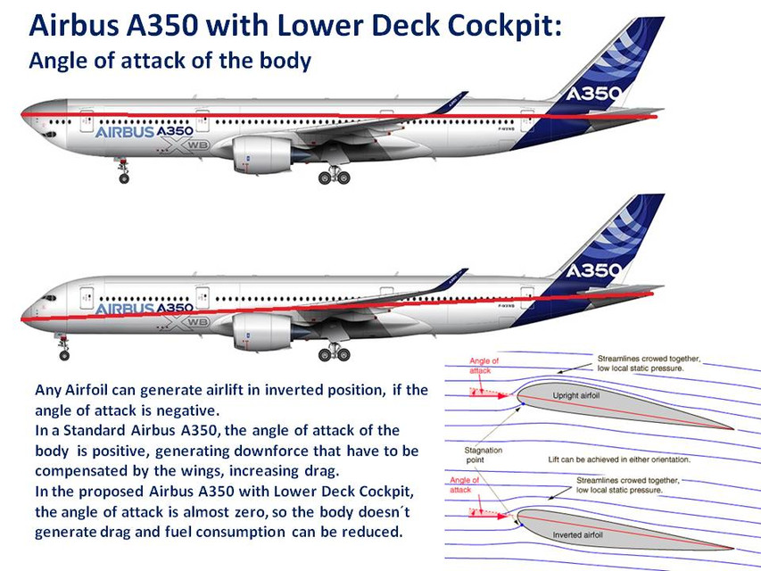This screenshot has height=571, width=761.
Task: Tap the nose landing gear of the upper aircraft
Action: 123,171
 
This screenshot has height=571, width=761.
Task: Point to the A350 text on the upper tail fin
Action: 594,93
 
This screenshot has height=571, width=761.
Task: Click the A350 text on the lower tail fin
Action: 594,269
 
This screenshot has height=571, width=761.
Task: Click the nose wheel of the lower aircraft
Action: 64,355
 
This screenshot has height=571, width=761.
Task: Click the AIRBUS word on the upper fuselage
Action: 124,131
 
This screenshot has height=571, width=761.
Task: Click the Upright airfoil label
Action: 577,395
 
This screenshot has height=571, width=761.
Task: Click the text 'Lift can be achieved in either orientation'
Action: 618,459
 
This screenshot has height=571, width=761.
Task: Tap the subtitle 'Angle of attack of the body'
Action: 170,61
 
